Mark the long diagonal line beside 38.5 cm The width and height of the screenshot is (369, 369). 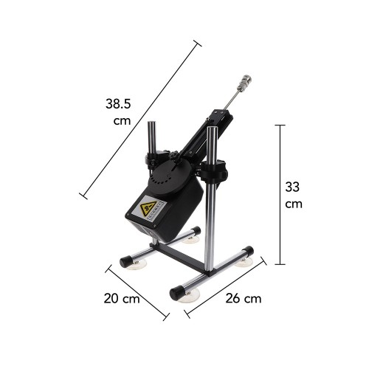coord(141,119)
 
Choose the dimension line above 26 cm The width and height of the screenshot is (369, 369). coord(224,291)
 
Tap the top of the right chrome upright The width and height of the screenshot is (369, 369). coord(212,131)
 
